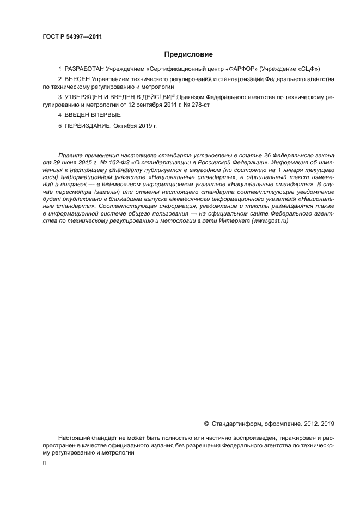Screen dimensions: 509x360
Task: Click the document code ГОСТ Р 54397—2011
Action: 72,37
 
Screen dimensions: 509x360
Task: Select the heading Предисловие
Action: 188,54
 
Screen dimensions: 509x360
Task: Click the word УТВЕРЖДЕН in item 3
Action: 86,97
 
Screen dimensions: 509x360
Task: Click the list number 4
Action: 60,115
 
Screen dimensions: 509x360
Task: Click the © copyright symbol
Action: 206,423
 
